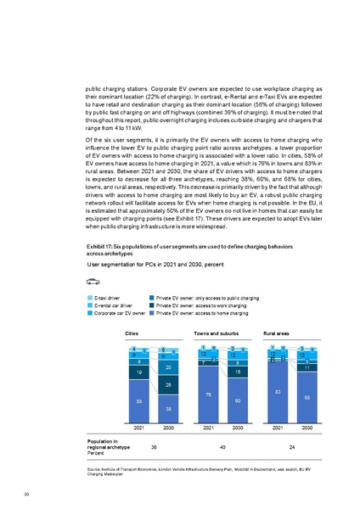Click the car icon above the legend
click(93, 281)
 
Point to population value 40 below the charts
click(222, 445)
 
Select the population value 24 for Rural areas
click(292, 445)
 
